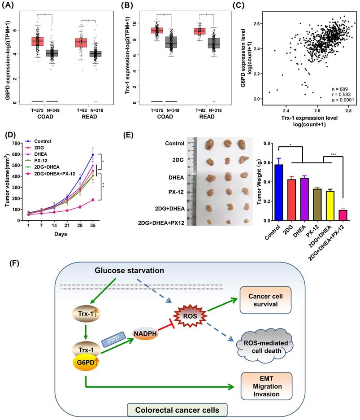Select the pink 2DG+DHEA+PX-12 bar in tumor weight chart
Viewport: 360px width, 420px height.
point(343,215)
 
